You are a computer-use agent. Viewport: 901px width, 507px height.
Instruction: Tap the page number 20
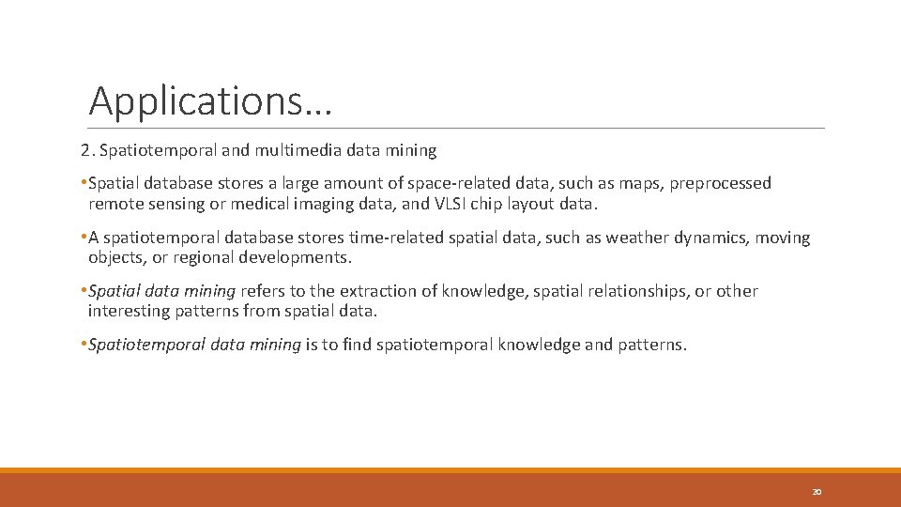click(817, 492)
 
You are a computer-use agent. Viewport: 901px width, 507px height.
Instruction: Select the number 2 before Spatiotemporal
click(84, 149)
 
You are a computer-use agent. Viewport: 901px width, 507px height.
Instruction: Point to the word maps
click(639, 183)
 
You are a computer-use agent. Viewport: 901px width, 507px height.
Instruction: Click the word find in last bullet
click(356, 345)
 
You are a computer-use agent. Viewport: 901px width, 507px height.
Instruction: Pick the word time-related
click(417, 238)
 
